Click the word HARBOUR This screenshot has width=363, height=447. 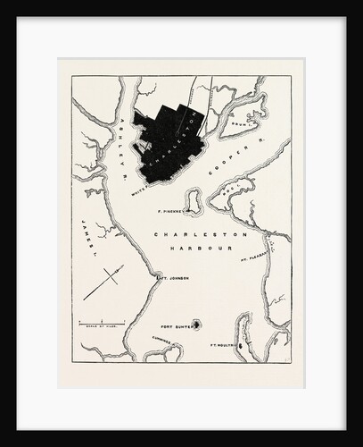tap(186, 246)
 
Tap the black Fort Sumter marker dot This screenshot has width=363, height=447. tap(196, 325)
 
